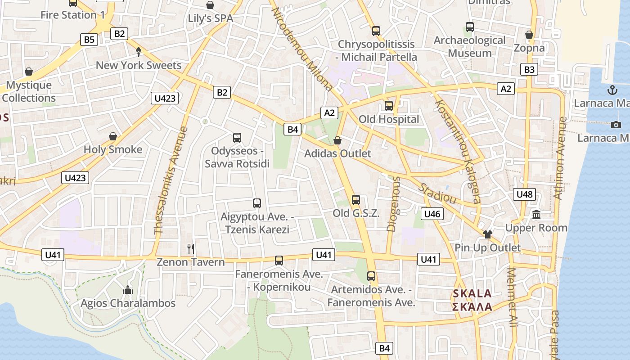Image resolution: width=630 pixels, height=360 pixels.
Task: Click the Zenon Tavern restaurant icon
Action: (x=191, y=248)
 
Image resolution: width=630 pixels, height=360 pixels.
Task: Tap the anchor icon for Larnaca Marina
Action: (x=612, y=90)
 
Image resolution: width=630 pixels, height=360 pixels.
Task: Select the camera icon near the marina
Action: (x=616, y=125)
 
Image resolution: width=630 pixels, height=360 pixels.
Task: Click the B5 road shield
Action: (x=89, y=40)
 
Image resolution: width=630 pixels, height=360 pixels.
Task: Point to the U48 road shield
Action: (x=524, y=194)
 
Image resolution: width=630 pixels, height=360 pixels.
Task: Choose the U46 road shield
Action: (x=432, y=214)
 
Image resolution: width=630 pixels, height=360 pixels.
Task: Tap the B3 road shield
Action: (x=530, y=69)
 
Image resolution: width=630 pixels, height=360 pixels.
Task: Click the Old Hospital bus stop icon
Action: (x=389, y=106)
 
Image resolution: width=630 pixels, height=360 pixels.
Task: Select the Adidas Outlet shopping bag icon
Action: (x=337, y=140)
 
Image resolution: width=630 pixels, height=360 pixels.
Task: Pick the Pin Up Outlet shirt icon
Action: (x=487, y=234)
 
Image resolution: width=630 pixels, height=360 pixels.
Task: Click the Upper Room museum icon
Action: (x=536, y=214)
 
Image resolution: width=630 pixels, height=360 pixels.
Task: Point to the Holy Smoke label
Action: (x=113, y=149)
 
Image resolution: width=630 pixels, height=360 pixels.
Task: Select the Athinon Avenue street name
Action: (x=559, y=157)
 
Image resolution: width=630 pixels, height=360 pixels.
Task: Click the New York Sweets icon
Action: (x=139, y=52)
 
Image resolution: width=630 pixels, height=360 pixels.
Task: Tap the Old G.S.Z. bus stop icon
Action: (x=356, y=199)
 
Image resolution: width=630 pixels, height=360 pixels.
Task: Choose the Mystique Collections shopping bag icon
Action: (x=29, y=72)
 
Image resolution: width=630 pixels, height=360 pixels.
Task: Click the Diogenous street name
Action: (x=393, y=204)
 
